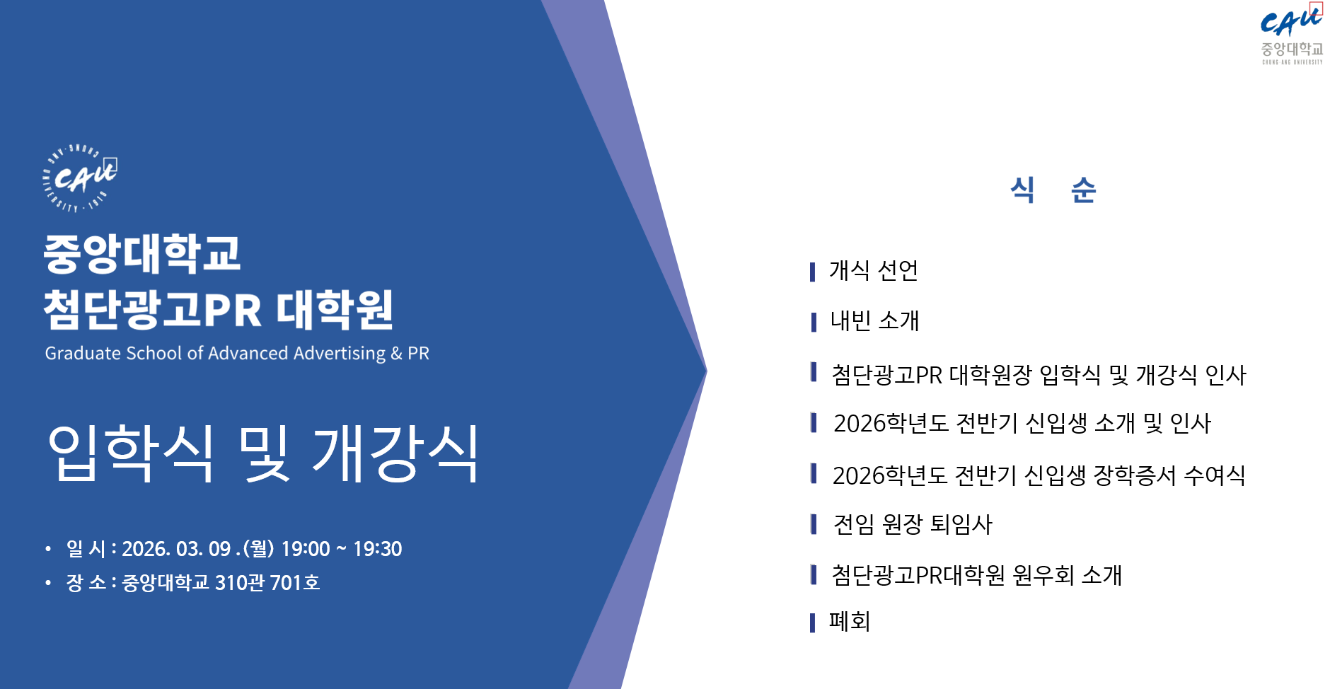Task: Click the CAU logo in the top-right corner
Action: [x=1292, y=34]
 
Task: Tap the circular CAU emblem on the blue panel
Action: [x=79, y=178]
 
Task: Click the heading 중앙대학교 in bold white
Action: [x=142, y=253]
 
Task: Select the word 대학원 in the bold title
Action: [x=335, y=310]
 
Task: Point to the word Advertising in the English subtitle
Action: [x=340, y=353]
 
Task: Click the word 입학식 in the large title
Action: [x=131, y=453]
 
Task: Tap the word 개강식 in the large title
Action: [x=395, y=453]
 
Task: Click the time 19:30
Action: [x=377, y=549]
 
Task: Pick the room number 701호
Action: [x=295, y=583]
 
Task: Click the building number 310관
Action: [x=240, y=583]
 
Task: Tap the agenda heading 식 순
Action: [x=1053, y=190]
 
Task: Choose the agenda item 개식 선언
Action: [x=874, y=270]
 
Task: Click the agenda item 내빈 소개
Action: [x=875, y=321]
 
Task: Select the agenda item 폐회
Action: [x=850, y=622]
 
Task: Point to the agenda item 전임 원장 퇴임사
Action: [x=913, y=525]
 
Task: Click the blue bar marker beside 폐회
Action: [x=813, y=623]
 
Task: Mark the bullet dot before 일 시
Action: [x=48, y=549]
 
